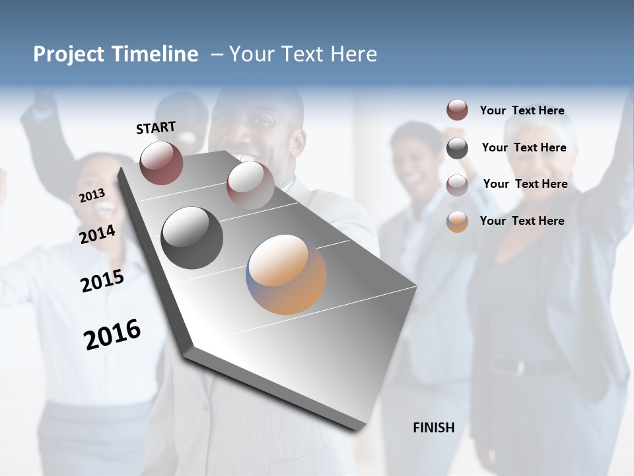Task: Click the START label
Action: click(x=156, y=128)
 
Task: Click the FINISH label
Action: click(x=433, y=428)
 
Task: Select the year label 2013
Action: click(x=92, y=195)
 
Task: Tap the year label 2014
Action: click(x=98, y=234)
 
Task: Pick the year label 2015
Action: click(x=102, y=280)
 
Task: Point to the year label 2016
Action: click(x=112, y=334)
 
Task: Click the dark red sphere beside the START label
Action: click(x=161, y=163)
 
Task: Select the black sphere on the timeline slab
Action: click(x=192, y=238)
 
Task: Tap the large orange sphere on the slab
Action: click(x=286, y=274)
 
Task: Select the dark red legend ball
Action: click(x=457, y=110)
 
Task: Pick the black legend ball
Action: click(x=457, y=148)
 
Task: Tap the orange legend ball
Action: click(x=457, y=221)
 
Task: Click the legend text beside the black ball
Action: click(x=524, y=147)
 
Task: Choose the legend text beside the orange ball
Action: click(x=522, y=221)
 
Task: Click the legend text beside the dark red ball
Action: click(x=522, y=110)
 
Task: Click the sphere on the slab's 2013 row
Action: click(x=250, y=184)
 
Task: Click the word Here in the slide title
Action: click(x=354, y=54)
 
